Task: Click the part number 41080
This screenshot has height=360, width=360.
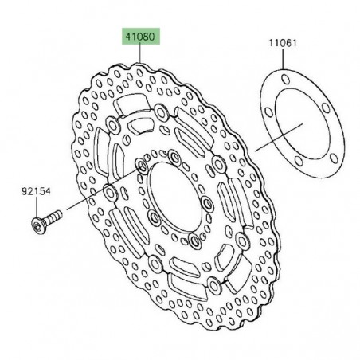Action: pos(140,36)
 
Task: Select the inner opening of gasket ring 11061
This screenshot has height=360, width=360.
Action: pos(311,119)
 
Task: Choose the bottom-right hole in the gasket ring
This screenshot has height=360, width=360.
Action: pos(333,158)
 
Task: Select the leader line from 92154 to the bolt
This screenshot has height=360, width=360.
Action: pos(37,204)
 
